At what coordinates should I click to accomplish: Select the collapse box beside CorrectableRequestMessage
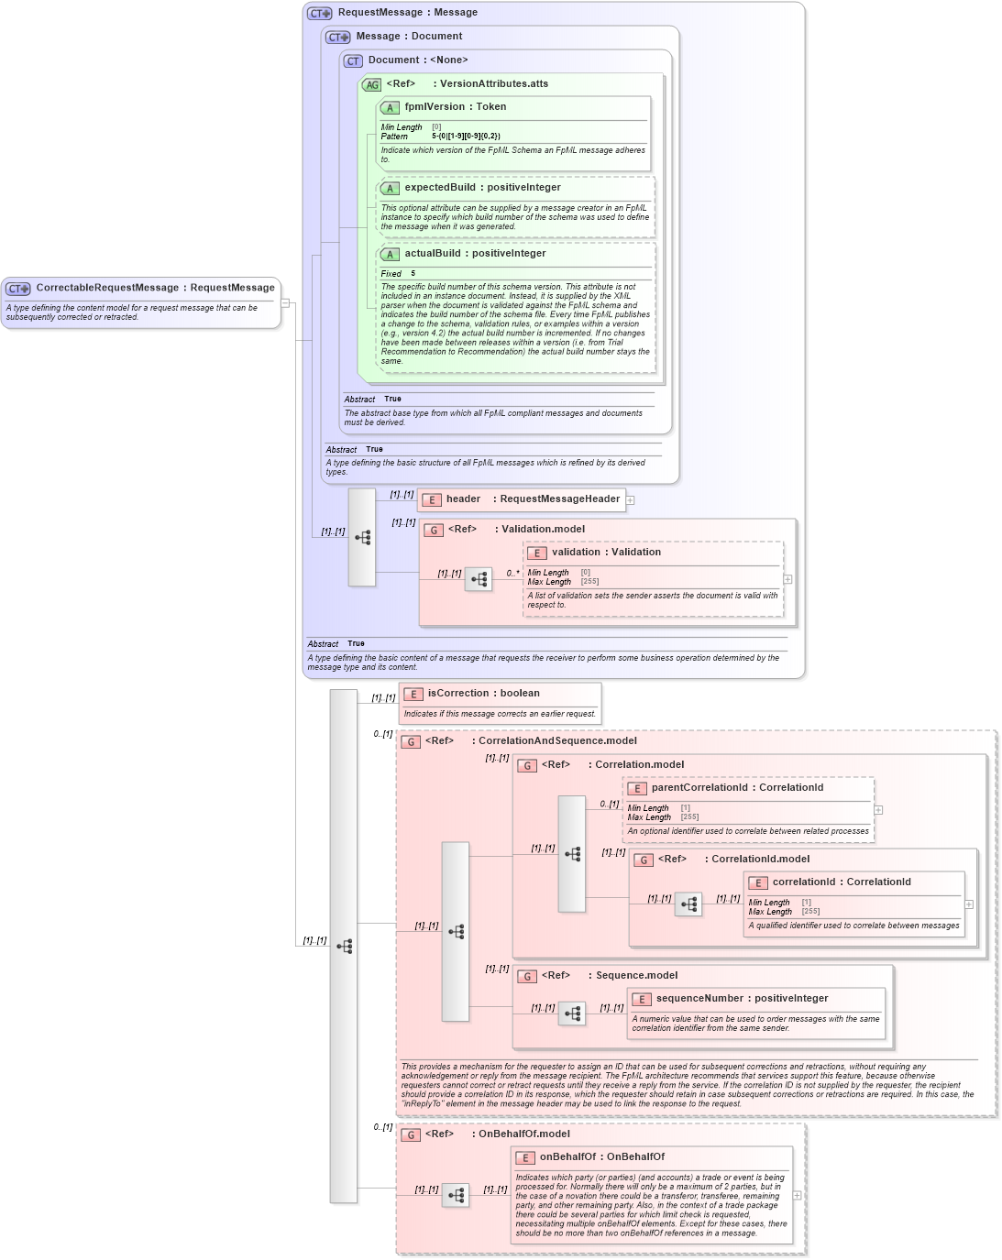285,302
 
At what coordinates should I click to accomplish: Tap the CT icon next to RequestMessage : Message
319,13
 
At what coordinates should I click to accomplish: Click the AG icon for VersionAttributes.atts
371,84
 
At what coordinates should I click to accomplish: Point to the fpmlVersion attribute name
435,107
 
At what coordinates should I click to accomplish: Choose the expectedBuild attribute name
440,188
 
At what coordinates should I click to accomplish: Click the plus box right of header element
631,499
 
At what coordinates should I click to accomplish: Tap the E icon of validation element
536,553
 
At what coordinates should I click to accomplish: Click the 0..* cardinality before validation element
512,574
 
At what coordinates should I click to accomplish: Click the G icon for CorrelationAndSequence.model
411,741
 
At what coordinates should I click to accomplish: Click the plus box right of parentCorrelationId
878,810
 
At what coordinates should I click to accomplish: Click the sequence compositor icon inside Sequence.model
572,1013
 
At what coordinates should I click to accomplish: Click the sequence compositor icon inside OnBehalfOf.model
456,1196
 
